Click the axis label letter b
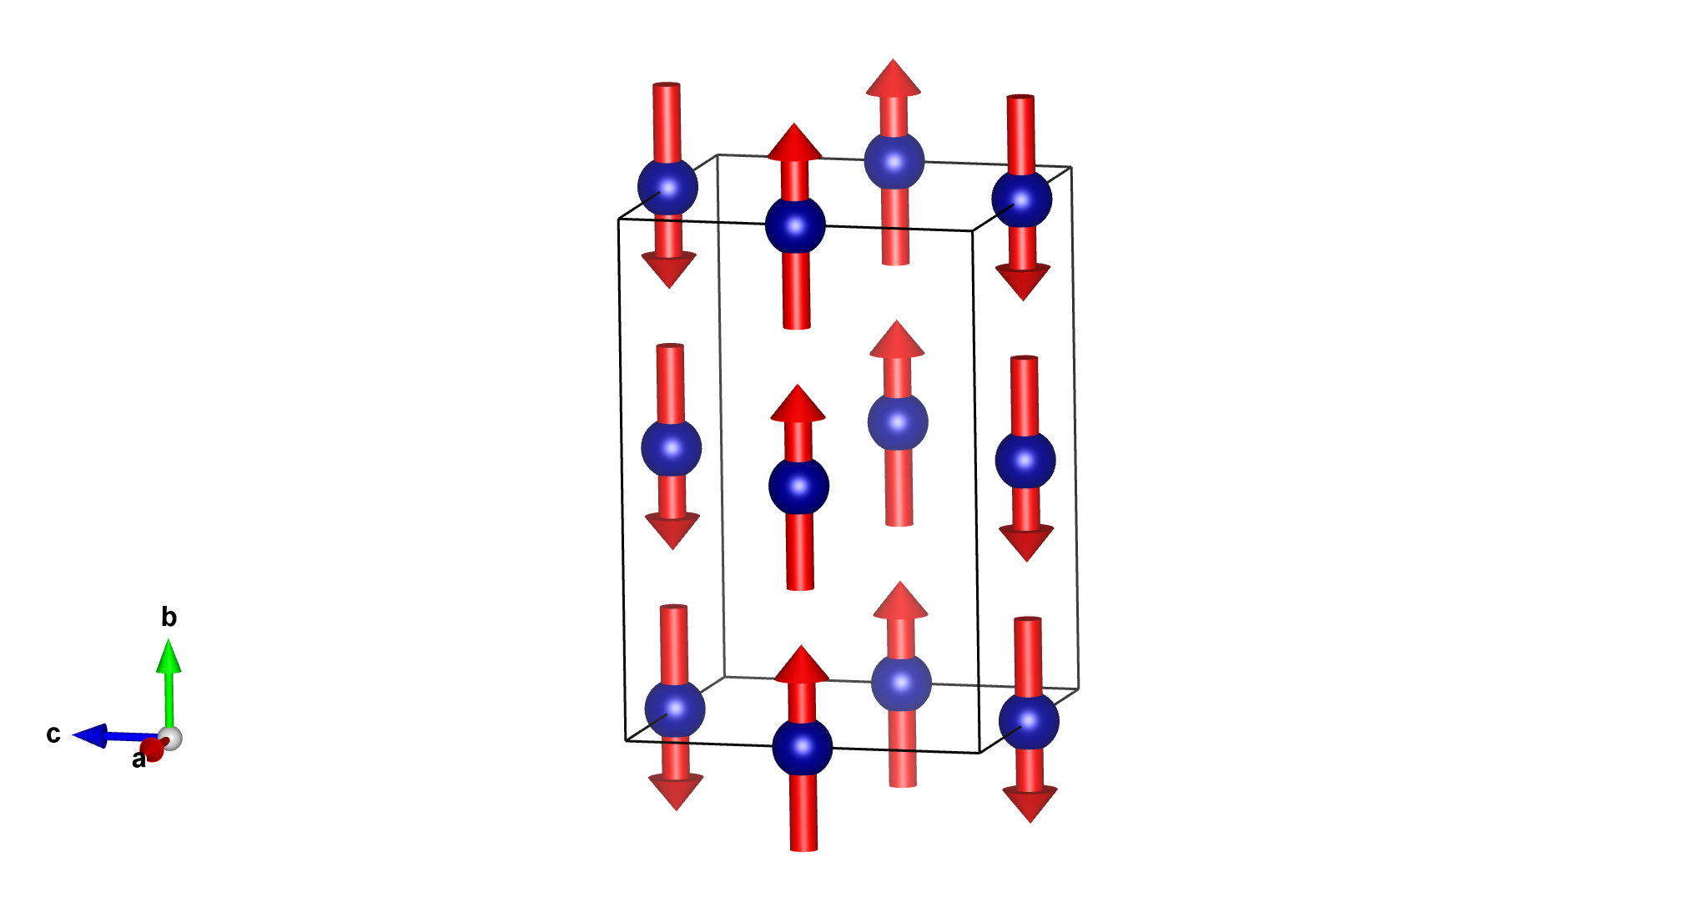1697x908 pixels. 169,618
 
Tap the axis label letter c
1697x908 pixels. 53,734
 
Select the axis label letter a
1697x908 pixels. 138,760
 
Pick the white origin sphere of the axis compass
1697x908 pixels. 170,739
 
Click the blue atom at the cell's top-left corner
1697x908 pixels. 667,187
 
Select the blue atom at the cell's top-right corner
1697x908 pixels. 1021,199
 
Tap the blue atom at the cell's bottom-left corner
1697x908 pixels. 675,709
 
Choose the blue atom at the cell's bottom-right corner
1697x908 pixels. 1029,722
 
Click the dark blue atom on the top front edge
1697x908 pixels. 795,225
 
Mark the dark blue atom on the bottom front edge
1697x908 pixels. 802,747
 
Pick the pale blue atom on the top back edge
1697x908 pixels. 894,160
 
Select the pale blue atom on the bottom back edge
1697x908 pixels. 901,682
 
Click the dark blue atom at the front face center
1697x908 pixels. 798,486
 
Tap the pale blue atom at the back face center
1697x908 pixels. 898,421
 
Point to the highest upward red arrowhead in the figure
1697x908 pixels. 894,78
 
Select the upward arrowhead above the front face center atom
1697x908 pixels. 798,404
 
